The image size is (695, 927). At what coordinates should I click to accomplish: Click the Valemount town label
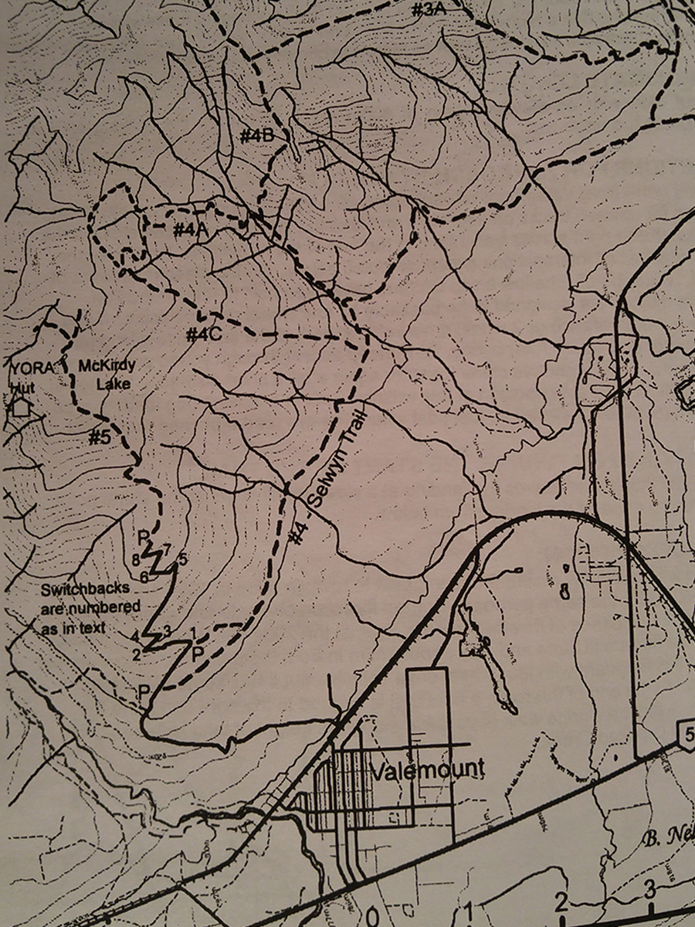427,770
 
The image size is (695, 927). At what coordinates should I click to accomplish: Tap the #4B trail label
257,136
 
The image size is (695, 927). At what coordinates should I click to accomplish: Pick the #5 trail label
100,437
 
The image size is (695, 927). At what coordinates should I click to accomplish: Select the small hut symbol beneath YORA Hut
20,406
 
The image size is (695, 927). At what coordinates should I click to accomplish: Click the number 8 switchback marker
135,559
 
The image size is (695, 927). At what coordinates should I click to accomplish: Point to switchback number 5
183,558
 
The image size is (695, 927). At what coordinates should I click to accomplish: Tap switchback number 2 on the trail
136,656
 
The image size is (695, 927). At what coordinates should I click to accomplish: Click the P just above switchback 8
142,535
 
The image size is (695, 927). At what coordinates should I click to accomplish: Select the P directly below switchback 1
198,654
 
